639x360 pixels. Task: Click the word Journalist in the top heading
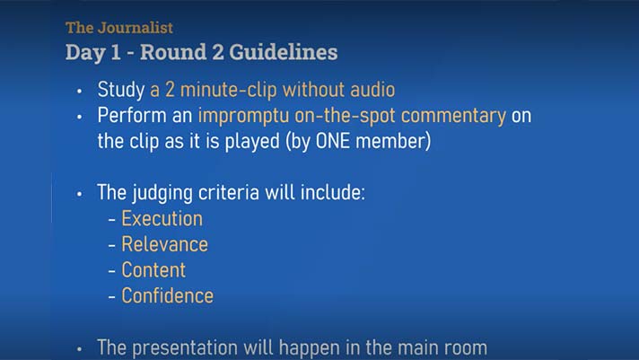click(136, 28)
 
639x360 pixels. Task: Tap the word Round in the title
click(173, 52)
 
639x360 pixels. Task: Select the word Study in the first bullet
click(121, 90)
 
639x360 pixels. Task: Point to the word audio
click(372, 90)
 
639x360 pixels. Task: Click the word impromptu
click(244, 116)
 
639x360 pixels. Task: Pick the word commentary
click(453, 116)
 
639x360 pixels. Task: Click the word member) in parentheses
click(393, 142)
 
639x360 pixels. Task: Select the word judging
click(162, 193)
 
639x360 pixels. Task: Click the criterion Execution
click(162, 218)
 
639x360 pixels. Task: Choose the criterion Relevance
click(164, 244)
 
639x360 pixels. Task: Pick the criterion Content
click(153, 270)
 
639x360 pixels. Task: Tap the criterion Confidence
click(168, 295)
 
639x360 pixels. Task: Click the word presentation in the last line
click(185, 348)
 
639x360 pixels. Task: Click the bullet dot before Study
click(80, 92)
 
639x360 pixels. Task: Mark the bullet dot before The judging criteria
click(80, 194)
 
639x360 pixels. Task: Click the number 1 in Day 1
click(116, 52)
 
